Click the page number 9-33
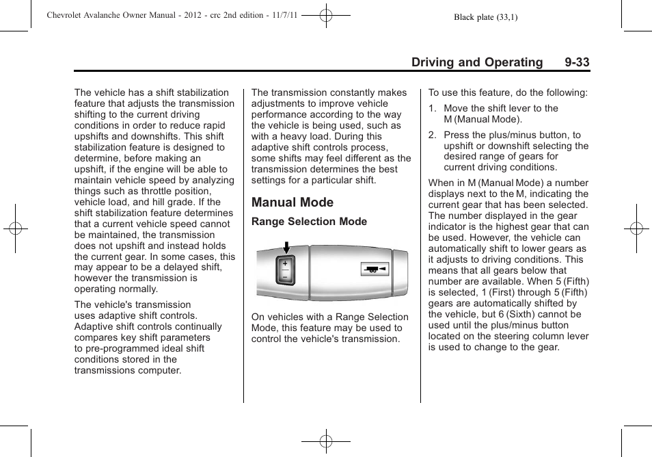[x=577, y=62]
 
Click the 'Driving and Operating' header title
[x=477, y=62]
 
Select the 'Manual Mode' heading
[x=293, y=203]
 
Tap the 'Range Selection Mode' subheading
[x=309, y=222]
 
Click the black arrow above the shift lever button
[x=286, y=246]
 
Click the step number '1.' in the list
[x=433, y=108]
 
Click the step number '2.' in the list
[x=433, y=135]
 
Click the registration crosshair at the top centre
[x=326, y=15]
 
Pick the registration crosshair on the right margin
[x=636, y=228]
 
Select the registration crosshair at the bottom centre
[x=326, y=441]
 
